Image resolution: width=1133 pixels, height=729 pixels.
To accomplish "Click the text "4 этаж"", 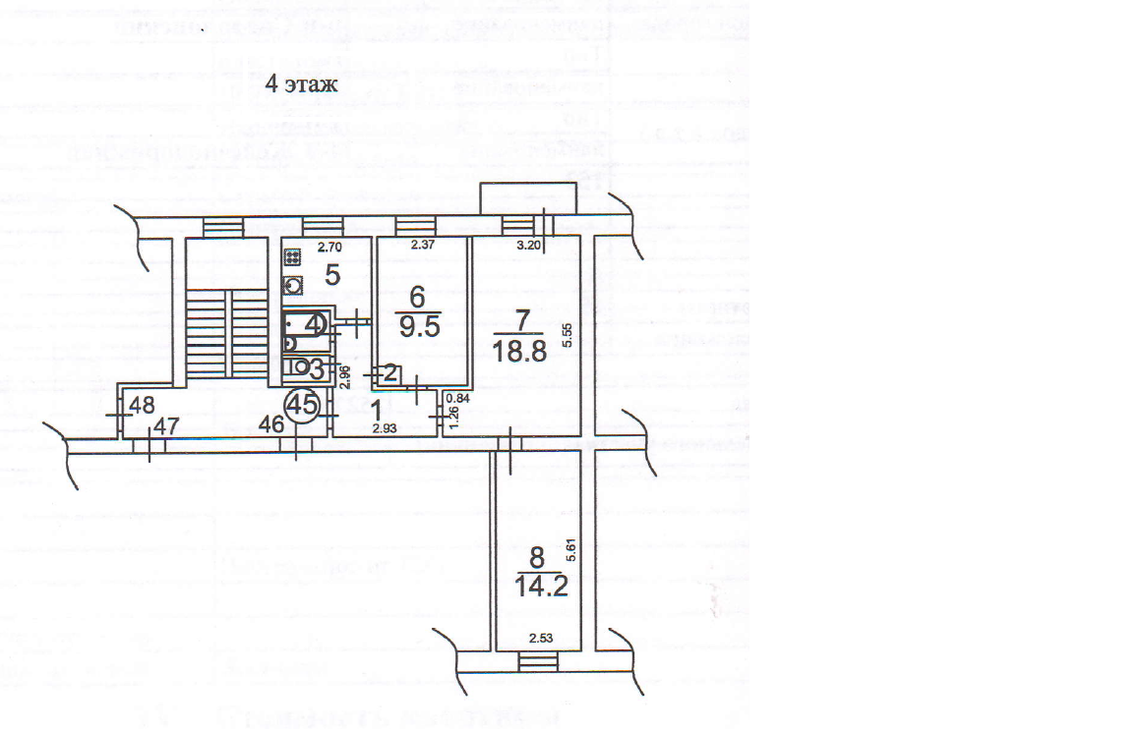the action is click(301, 84).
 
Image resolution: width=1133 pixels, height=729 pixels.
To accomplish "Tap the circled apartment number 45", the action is click(302, 404).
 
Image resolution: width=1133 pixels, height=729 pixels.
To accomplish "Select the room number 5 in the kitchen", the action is click(332, 275).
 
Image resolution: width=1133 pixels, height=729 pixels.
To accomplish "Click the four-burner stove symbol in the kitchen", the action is click(292, 258).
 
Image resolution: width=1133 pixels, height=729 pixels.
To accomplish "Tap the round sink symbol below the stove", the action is click(293, 286).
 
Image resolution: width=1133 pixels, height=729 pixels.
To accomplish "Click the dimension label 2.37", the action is click(423, 246).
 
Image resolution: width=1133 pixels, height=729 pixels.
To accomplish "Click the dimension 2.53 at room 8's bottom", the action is click(542, 641).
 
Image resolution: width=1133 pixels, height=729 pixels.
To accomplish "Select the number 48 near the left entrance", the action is click(144, 404).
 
